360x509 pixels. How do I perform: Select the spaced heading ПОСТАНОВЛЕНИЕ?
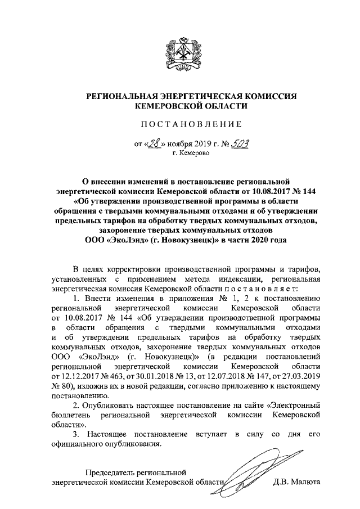pos(179,124)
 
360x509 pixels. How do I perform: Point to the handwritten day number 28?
pos(155,142)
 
